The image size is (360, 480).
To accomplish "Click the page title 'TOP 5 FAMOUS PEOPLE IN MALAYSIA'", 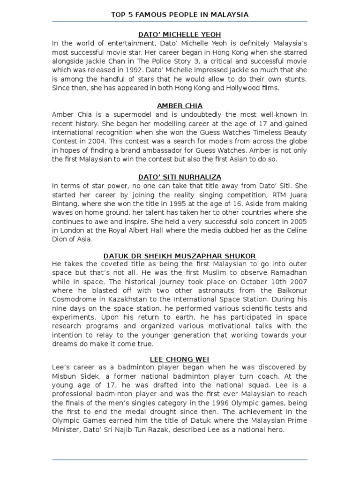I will tap(180, 15).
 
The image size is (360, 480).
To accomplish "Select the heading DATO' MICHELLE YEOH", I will tap(180, 35).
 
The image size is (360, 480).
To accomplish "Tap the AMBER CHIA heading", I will tap(180, 105).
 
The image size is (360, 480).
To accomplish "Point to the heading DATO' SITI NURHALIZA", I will tap(180, 176).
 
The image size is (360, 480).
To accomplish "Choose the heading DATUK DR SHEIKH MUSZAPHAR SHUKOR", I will tap(180, 255).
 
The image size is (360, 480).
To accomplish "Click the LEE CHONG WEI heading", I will tap(180, 359).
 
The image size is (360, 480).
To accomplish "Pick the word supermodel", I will tap(115, 114).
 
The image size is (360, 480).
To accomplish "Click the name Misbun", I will tap(65, 376).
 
